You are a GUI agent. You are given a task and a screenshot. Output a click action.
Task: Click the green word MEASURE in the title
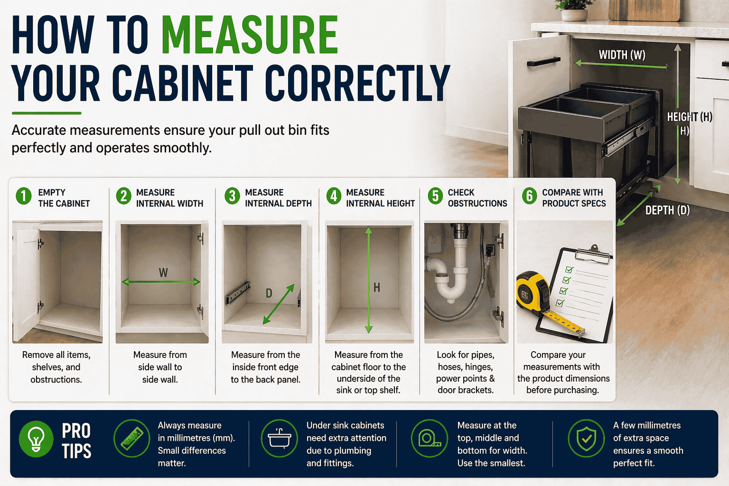pyautogui.click(x=250, y=35)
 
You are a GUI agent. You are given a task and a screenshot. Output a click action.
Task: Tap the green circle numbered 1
pyautogui.click(x=24, y=196)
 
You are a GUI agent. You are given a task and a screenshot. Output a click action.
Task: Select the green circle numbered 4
pyautogui.click(x=334, y=196)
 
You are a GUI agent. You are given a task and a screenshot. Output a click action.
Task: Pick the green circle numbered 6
pyautogui.click(x=529, y=196)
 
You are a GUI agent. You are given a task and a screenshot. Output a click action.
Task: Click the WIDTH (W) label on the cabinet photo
pyautogui.click(x=622, y=55)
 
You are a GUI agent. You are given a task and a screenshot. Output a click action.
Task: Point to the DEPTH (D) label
pyautogui.click(x=667, y=210)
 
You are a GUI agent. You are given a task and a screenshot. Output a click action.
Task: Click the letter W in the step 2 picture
pyautogui.click(x=163, y=272)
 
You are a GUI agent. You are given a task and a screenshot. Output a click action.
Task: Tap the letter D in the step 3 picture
pyautogui.click(x=269, y=293)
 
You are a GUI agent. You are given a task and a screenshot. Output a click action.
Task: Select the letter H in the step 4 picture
pyautogui.click(x=376, y=288)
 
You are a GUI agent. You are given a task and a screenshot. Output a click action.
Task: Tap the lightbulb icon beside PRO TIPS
pyautogui.click(x=36, y=439)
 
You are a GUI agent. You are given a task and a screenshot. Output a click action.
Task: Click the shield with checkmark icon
pyautogui.click(x=586, y=439)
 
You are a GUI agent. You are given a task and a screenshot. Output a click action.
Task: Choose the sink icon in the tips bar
pyautogui.click(x=279, y=439)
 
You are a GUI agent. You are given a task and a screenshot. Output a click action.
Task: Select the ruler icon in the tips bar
pyautogui.click(x=132, y=439)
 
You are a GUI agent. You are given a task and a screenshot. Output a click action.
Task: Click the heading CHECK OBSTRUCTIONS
pyautogui.click(x=477, y=197)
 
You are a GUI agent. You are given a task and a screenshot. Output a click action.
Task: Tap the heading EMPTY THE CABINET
pyautogui.click(x=64, y=197)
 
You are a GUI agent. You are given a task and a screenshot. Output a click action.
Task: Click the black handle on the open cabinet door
pyautogui.click(x=543, y=62)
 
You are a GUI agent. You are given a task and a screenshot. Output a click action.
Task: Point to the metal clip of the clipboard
pyautogui.click(x=593, y=254)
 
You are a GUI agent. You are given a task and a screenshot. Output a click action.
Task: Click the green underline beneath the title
pyautogui.click(x=47, y=113)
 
